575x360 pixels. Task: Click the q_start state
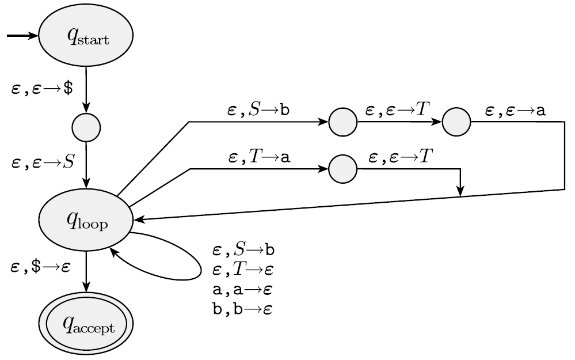pos(86,36)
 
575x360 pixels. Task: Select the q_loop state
pos(86,220)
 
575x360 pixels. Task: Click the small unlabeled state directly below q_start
pos(86,127)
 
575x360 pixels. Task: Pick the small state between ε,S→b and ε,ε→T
pos(343,122)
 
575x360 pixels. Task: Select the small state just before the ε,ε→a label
pos(457,122)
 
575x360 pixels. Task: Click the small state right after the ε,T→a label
pos(343,169)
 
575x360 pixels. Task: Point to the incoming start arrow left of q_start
pos(22,36)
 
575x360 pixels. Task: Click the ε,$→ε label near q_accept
pos(40,266)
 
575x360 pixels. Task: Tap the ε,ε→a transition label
pos(516,111)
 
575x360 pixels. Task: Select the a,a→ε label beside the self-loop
pos(242,289)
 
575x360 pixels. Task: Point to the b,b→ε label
pos(242,309)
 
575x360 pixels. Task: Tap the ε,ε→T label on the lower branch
pos(401,157)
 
